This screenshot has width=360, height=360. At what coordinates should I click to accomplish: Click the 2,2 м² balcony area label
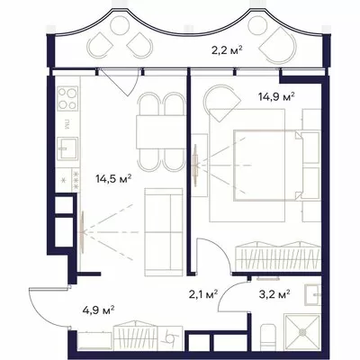click(x=227, y=49)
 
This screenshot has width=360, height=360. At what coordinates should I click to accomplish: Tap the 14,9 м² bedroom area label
click(x=276, y=97)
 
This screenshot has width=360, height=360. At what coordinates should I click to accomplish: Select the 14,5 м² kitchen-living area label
click(x=113, y=179)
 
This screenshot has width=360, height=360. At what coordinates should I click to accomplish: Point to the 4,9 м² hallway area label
click(x=99, y=309)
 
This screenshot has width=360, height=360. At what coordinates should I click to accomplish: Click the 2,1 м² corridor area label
click(x=203, y=295)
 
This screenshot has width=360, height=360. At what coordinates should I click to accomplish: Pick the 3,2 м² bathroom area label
click(x=274, y=294)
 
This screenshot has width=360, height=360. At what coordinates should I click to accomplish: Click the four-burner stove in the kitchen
click(x=67, y=98)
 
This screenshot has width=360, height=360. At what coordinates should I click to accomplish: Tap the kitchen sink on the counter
click(x=67, y=148)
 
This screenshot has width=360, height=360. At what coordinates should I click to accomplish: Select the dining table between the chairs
click(x=160, y=132)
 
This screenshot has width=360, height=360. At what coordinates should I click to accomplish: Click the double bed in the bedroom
click(x=268, y=165)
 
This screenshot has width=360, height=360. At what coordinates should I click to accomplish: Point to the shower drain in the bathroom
click(x=302, y=332)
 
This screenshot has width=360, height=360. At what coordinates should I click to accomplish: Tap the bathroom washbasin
click(x=312, y=294)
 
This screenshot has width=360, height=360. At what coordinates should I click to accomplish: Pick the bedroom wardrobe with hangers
click(x=278, y=256)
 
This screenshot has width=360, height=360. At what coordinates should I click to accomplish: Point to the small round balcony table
click(x=120, y=26)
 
